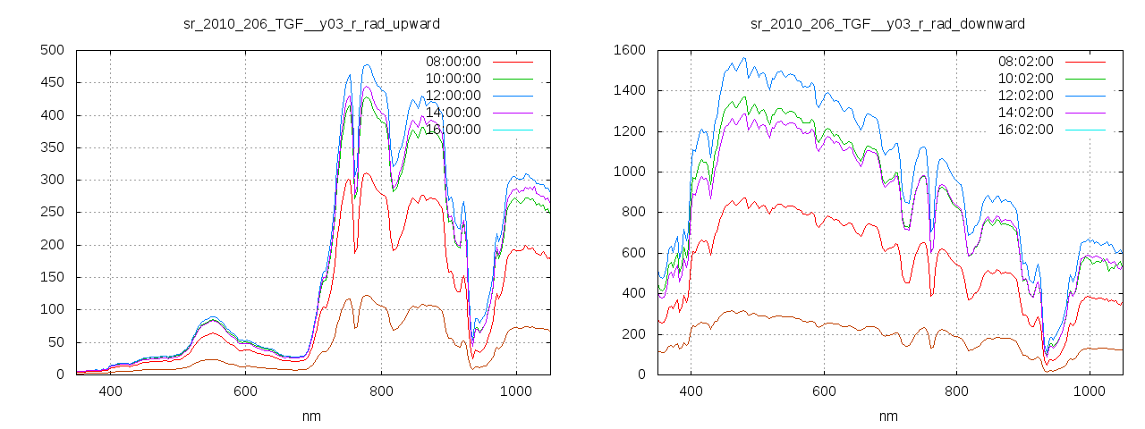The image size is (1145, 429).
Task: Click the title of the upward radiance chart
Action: coord(311,23)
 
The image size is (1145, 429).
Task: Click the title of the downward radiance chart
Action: coord(887,23)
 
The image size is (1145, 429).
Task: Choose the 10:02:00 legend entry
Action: coord(1025,79)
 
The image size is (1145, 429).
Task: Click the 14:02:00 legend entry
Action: coord(1025,113)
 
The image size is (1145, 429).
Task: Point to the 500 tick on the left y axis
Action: coord(52,50)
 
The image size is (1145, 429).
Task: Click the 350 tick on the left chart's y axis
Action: coord(52,147)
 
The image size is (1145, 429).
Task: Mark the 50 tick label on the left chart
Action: coord(55,342)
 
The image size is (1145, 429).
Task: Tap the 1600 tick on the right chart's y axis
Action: coord(630,50)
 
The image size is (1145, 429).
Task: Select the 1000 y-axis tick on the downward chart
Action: coord(630,172)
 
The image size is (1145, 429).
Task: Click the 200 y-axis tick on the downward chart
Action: coord(633,334)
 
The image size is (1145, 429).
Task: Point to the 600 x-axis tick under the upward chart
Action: coord(246,391)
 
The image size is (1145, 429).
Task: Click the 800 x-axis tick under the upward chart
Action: coord(381,391)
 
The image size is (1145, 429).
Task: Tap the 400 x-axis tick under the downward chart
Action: coord(691,391)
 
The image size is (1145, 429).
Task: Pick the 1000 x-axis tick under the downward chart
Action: coord(1090,391)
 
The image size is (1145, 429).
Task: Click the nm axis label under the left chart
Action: coord(311,416)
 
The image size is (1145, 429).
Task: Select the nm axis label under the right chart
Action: coord(887,416)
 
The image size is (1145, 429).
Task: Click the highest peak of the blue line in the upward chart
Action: coord(367,64)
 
